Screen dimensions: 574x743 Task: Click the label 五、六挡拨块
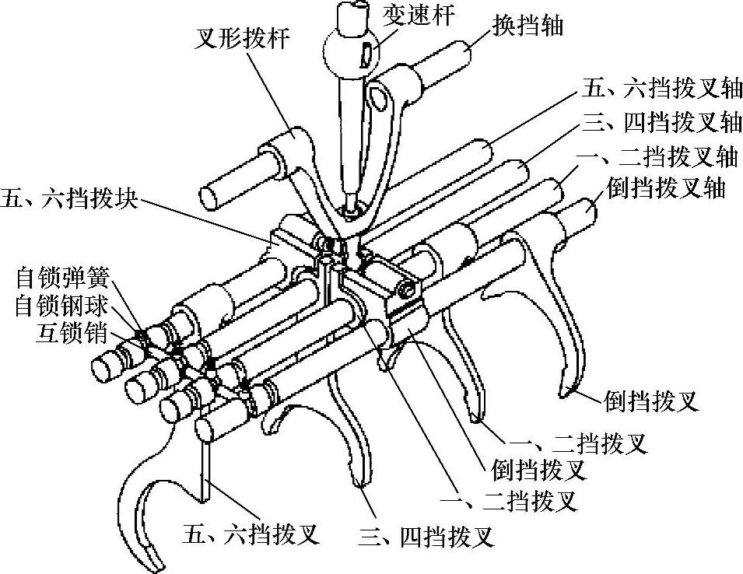[70, 200]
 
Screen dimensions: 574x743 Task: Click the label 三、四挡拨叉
[426, 536]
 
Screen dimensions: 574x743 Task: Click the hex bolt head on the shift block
[405, 289]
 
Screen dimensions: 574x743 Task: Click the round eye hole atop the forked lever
[379, 98]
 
